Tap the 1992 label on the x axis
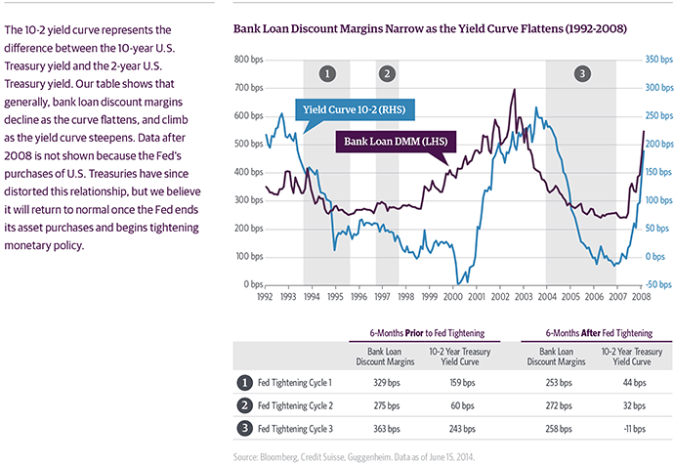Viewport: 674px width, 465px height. pyautogui.click(x=265, y=295)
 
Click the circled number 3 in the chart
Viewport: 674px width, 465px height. pyautogui.click(x=583, y=73)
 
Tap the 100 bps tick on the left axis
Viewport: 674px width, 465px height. pyautogui.click(x=247, y=257)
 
